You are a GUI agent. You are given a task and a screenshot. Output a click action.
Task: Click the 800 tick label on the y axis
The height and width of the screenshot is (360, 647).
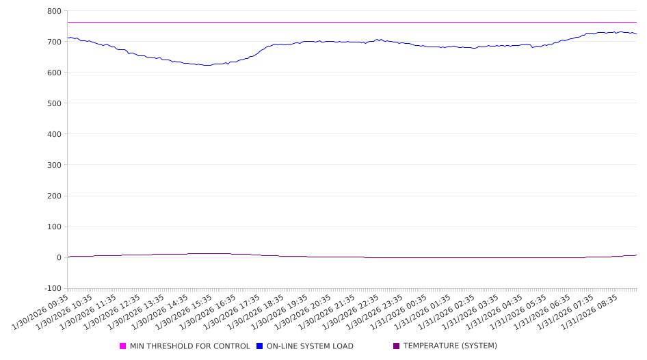(x=54, y=11)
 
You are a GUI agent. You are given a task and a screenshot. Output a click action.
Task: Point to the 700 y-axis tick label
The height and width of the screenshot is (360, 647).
(x=54, y=42)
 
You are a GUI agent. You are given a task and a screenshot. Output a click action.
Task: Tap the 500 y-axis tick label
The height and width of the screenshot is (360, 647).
(x=54, y=103)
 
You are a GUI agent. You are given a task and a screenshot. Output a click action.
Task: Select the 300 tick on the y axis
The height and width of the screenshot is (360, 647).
(x=54, y=165)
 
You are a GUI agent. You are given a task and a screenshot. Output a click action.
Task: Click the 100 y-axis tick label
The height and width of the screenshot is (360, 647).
(x=54, y=227)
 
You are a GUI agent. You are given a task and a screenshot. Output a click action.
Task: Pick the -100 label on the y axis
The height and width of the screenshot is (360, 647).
(x=52, y=288)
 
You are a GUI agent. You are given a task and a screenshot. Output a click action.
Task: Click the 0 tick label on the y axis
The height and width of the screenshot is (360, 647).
(x=59, y=257)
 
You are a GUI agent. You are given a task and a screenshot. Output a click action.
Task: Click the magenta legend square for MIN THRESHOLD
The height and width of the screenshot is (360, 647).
(x=123, y=346)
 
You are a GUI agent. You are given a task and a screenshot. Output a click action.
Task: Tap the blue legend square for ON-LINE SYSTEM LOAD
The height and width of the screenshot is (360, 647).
(x=260, y=346)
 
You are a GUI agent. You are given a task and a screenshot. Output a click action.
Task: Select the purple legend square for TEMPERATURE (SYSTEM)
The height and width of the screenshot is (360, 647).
(x=397, y=346)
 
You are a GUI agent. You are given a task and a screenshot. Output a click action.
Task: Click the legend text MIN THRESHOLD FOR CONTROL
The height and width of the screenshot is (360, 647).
(x=190, y=346)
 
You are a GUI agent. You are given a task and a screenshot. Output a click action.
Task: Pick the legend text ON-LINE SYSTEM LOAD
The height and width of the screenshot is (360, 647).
(x=310, y=346)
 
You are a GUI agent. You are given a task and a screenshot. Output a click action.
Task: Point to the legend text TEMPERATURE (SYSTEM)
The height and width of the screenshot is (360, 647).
(x=450, y=346)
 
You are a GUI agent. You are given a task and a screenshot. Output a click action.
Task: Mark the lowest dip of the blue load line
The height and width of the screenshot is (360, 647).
(x=207, y=65)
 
